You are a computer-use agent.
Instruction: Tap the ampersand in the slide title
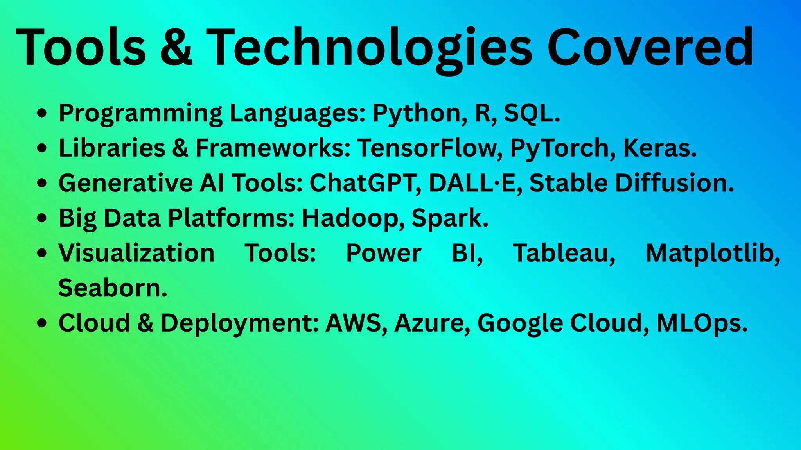[x=176, y=48]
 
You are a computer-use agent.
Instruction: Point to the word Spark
[x=450, y=218]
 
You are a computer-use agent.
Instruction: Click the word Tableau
[x=564, y=253]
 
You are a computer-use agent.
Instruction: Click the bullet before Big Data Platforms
[x=42, y=218]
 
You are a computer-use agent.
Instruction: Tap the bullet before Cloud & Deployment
[x=42, y=323]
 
